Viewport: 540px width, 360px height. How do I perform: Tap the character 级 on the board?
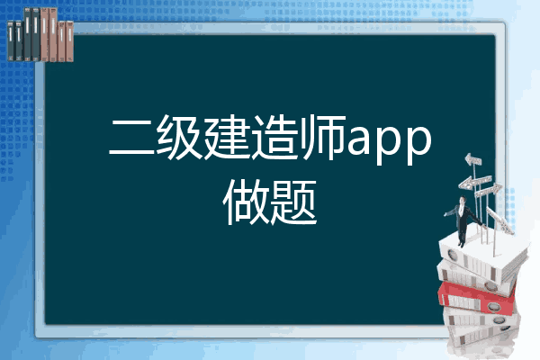177,138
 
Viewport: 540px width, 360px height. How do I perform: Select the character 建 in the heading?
226,138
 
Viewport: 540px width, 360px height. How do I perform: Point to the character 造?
274,138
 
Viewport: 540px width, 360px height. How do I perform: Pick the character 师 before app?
323,138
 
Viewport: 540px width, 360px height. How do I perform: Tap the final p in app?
418,146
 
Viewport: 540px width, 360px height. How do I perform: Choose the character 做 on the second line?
246,202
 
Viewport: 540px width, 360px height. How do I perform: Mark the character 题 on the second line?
293,202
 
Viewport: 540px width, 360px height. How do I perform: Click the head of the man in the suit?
463,200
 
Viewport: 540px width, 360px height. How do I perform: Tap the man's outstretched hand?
445,214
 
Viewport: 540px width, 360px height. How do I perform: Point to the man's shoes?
461,244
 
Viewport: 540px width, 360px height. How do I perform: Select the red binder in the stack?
477,298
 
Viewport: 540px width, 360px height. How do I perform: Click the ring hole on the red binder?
493,306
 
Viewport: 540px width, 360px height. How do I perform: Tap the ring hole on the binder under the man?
452,256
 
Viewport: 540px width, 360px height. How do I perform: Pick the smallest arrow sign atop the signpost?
473,160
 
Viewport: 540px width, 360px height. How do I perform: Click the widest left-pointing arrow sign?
475,182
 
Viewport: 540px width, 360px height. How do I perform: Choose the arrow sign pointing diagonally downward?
500,220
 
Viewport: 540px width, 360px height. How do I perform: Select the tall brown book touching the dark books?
44,34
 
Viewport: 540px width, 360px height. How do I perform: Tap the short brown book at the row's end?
69,41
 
